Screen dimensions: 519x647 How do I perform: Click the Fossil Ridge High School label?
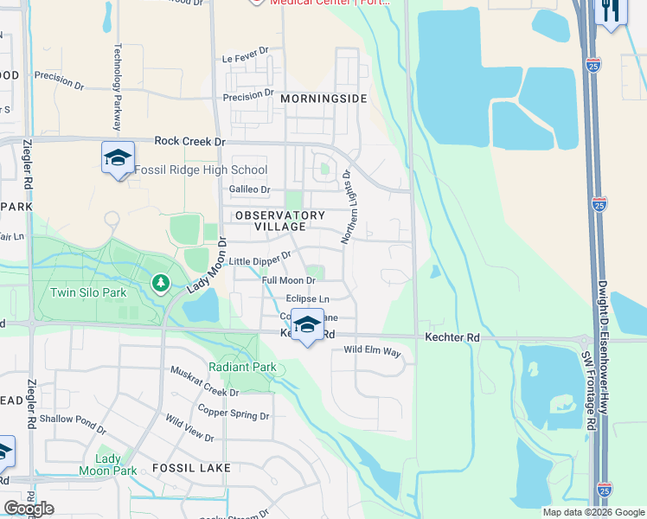[x=201, y=170]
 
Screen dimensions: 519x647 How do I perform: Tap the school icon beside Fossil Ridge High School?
[x=118, y=157]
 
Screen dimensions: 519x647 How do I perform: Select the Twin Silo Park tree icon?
[x=160, y=282]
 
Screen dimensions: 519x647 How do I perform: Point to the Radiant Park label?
[x=248, y=367]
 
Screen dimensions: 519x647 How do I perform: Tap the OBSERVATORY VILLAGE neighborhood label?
[x=279, y=221]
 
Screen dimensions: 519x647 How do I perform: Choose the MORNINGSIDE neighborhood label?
[x=323, y=99]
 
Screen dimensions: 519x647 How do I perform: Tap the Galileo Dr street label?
[x=249, y=189]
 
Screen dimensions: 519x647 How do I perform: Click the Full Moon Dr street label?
[x=288, y=280]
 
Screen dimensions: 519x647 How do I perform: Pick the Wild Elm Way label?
[x=373, y=351]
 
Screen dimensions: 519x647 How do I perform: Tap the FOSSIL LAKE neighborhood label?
[x=190, y=468]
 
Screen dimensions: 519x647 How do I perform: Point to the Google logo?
[x=29, y=509]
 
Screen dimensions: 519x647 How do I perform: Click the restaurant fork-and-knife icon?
[x=611, y=11]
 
